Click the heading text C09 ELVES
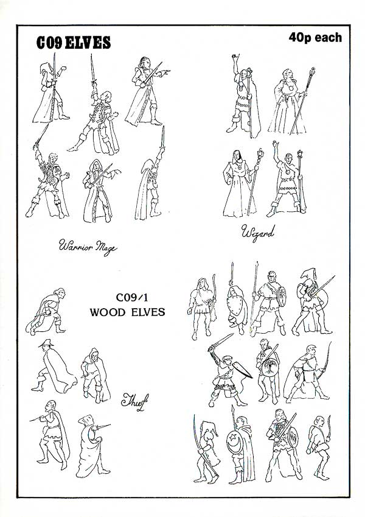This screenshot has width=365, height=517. point(74,43)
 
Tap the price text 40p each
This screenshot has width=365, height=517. point(315,38)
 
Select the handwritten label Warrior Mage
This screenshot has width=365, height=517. point(88,247)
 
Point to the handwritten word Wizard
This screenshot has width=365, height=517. point(257,233)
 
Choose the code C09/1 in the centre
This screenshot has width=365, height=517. point(132,297)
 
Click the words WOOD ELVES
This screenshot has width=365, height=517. point(127,312)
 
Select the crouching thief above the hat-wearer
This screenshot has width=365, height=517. point(46,312)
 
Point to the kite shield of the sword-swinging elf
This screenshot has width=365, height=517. point(242,370)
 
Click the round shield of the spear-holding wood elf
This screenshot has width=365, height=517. point(281,297)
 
